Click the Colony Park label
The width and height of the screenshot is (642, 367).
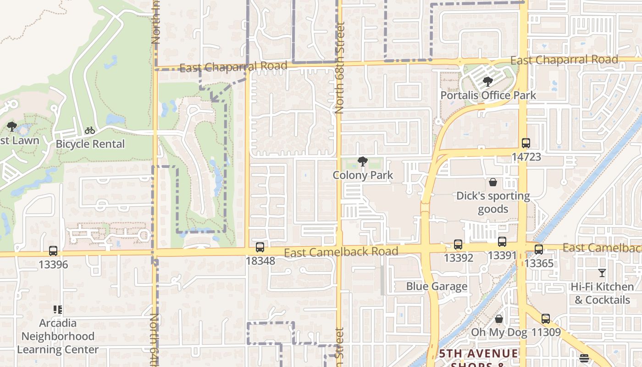pyautogui.click(x=363, y=175)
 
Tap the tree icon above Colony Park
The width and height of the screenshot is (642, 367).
pyautogui.click(x=362, y=161)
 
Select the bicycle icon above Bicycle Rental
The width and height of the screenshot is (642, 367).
pyautogui.click(x=90, y=131)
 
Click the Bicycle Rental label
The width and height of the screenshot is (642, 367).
pyautogui.click(x=90, y=144)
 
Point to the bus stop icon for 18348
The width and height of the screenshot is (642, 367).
pyautogui.click(x=260, y=247)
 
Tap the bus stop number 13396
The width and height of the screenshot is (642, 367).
pyautogui.click(x=53, y=265)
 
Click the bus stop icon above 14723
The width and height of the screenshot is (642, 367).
pyautogui.click(x=526, y=143)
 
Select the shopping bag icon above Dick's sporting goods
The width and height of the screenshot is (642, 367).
pyautogui.click(x=493, y=183)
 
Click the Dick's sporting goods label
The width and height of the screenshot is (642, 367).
pyautogui.click(x=493, y=203)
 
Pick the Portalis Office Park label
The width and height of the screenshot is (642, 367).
pyautogui.click(x=488, y=95)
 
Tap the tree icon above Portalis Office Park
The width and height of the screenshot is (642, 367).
pyautogui.click(x=487, y=82)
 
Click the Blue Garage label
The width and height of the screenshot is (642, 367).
pyautogui.click(x=437, y=287)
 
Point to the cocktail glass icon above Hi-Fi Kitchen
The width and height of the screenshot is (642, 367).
pyautogui.click(x=602, y=273)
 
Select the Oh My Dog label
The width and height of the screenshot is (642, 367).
pyautogui.click(x=499, y=332)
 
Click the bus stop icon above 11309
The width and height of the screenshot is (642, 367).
pyautogui.click(x=545, y=318)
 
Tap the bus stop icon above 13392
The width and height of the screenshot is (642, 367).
pyautogui.click(x=458, y=245)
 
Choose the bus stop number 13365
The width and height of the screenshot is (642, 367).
pyautogui.click(x=539, y=263)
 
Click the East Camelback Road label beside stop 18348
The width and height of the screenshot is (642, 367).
pyautogui.click(x=341, y=252)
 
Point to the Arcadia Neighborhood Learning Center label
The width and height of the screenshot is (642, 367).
pyautogui.click(x=58, y=336)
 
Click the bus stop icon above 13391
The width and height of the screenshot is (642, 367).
pyautogui.click(x=502, y=242)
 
